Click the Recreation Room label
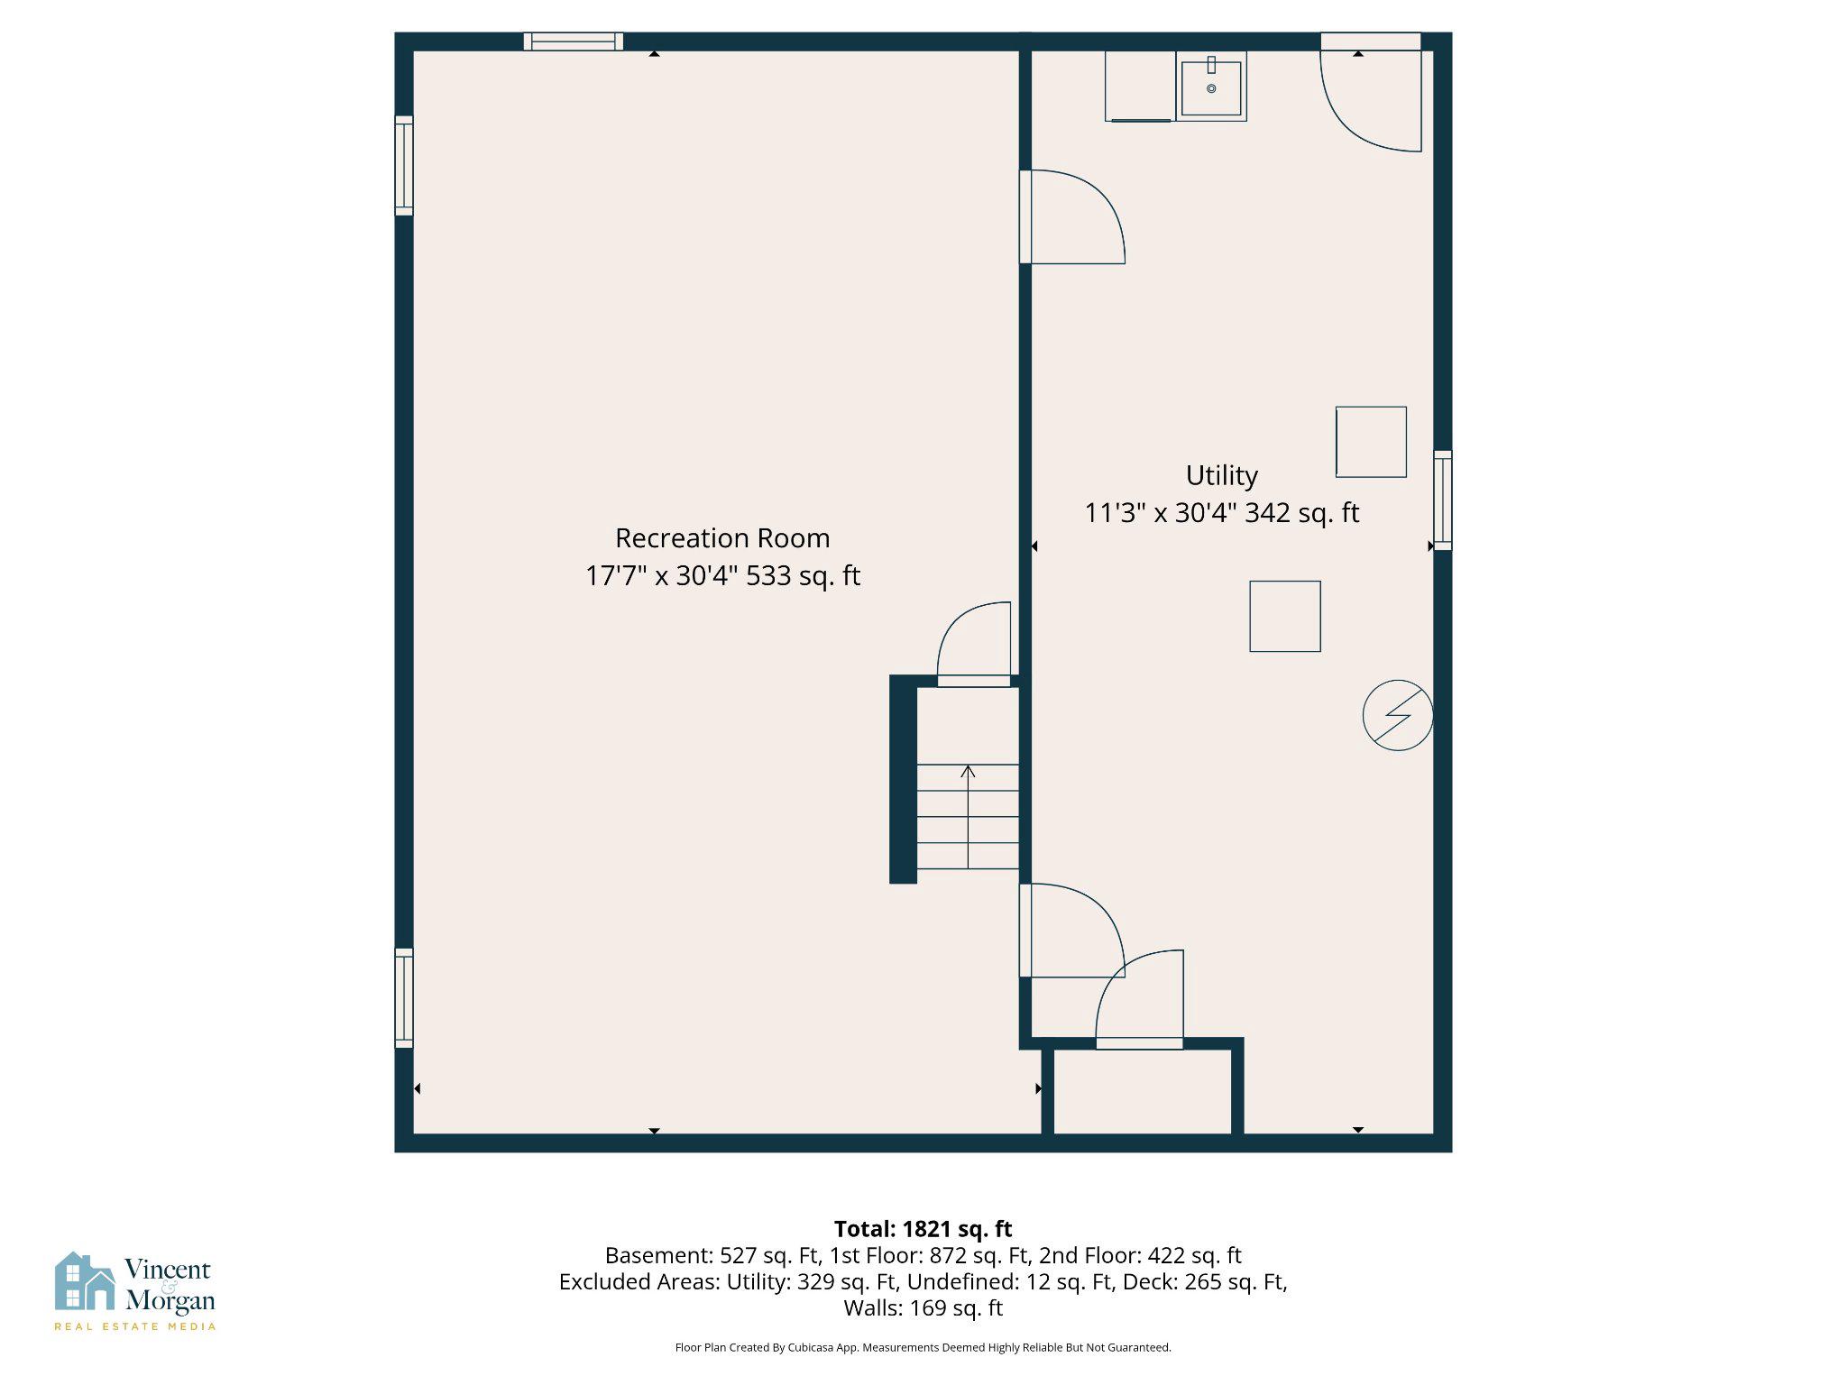click(x=722, y=538)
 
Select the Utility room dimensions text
click(x=1221, y=513)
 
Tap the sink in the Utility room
click(x=1211, y=87)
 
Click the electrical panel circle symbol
click(x=1397, y=715)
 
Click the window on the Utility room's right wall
click(x=1442, y=500)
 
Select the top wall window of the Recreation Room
click(x=574, y=41)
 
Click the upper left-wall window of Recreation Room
click(x=404, y=166)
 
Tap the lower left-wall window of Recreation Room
click(x=404, y=997)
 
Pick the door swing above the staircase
click(x=975, y=645)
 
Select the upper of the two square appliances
click(x=1371, y=442)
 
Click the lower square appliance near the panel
click(x=1284, y=616)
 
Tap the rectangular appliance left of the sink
click(x=1139, y=87)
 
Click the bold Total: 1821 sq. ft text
click(x=923, y=1229)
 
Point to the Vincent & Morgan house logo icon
click(x=85, y=1281)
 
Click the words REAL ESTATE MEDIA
click(x=135, y=1326)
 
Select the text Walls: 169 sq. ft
click(x=923, y=1307)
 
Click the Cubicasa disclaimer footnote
click(x=923, y=1348)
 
